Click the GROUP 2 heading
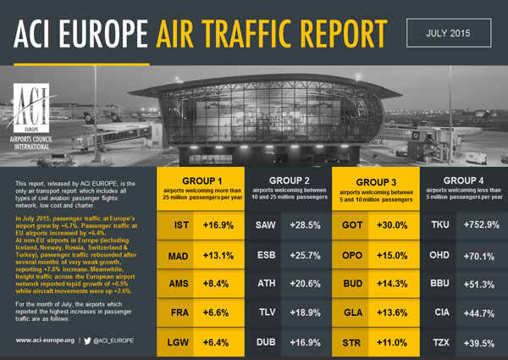coord(290,180)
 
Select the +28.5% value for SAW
coord(307,225)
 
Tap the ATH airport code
coord(265,285)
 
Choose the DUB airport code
coord(265,342)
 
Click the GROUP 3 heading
coord(377,181)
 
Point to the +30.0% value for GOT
coord(395,225)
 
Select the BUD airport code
coord(353,285)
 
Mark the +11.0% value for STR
coord(395,342)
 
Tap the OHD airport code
coord(440,255)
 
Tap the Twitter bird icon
coord(88,340)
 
